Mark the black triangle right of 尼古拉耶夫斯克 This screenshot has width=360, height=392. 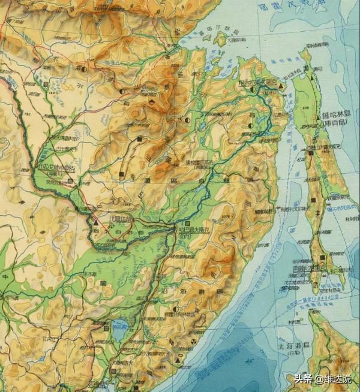280,88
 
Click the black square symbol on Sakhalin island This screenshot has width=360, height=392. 323,257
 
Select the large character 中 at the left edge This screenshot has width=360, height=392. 5,277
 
